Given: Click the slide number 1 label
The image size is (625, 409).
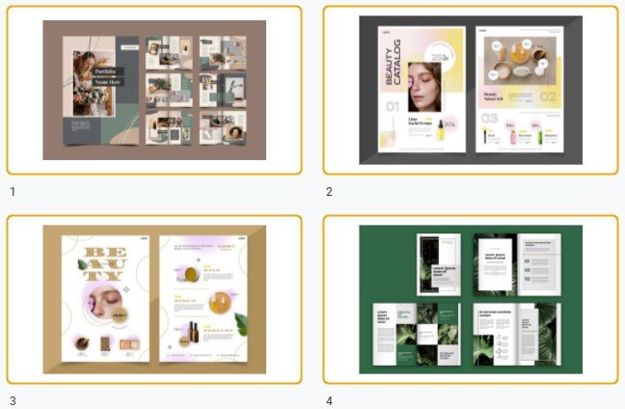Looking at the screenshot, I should [x=13, y=192].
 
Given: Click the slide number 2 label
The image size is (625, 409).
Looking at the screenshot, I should [x=329, y=192].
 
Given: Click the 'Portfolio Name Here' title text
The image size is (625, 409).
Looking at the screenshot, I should [x=108, y=77].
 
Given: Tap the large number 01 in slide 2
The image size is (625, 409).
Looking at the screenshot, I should [x=393, y=109].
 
